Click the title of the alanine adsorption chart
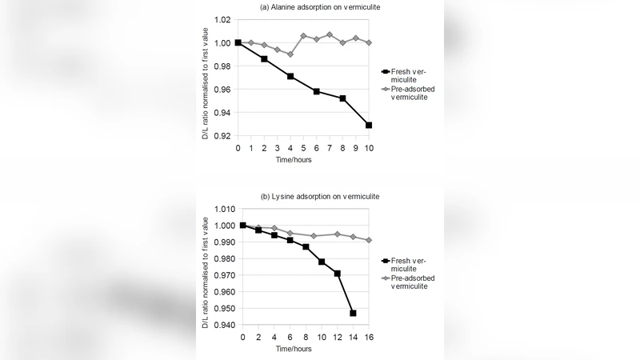[x=319, y=7]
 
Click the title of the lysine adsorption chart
[x=320, y=197]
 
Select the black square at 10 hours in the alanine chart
[x=369, y=125]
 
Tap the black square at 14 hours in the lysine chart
[x=353, y=313]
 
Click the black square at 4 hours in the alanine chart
[x=290, y=76]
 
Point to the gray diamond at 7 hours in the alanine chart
[x=330, y=34]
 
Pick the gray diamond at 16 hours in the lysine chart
[x=368, y=240]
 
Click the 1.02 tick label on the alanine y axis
[x=221, y=19]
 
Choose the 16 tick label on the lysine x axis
[x=368, y=338]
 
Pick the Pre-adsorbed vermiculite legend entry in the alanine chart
[x=416, y=92]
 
